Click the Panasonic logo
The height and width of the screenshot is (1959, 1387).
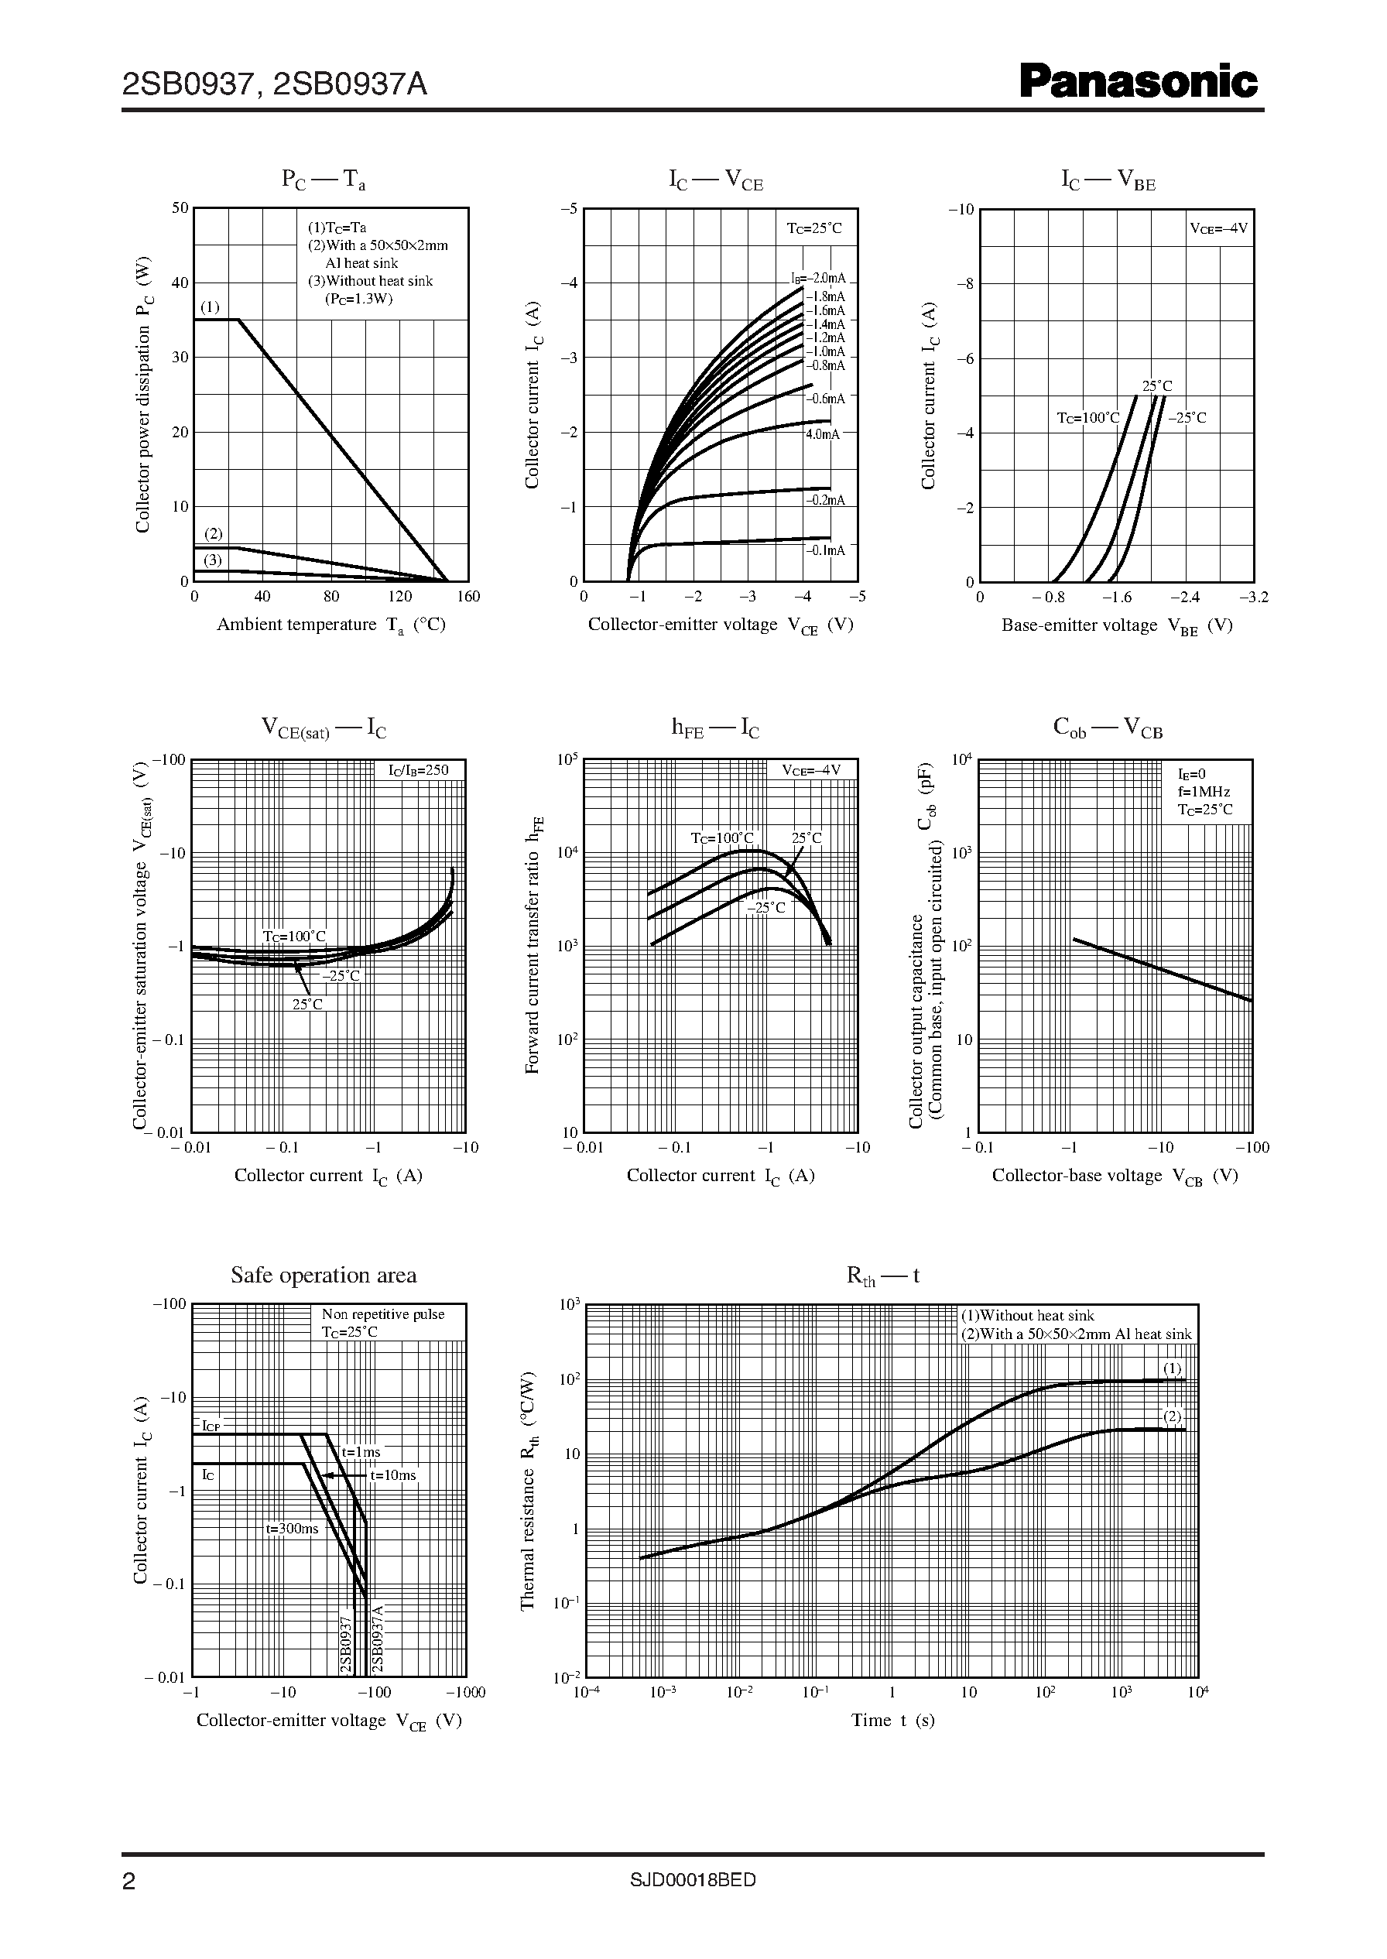tap(1139, 83)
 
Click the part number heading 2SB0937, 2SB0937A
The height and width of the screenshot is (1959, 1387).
tap(274, 84)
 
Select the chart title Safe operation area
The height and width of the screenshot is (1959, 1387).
tap(324, 1275)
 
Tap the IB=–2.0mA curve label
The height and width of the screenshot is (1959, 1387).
tap(817, 279)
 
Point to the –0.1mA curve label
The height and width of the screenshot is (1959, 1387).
tap(825, 550)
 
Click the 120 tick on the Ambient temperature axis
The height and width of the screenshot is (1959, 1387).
tap(399, 596)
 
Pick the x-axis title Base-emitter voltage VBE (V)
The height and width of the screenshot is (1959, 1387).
tap(1116, 625)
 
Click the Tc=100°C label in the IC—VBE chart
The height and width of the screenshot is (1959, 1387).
tap(1087, 418)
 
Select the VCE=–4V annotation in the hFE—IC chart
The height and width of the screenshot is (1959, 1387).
tap(811, 770)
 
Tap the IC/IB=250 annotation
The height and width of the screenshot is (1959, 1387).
tap(419, 770)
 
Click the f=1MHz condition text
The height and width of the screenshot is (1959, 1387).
tap(1204, 792)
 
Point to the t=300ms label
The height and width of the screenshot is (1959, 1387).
tap(291, 1529)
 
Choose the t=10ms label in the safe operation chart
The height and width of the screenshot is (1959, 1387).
tap(393, 1474)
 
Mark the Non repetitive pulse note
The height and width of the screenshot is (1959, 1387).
tap(382, 1314)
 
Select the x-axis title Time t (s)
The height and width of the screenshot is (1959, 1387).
tap(892, 1720)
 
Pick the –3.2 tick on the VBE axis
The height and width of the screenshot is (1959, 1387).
tap(1254, 597)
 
